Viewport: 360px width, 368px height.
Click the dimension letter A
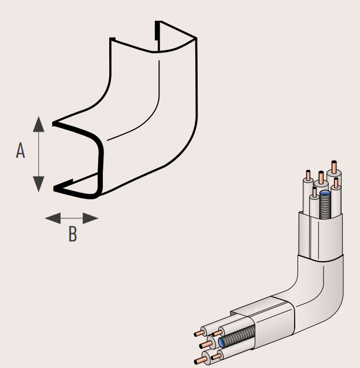coord(21,151)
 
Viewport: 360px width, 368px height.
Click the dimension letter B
coord(72,234)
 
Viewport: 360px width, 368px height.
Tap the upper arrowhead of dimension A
coord(38,123)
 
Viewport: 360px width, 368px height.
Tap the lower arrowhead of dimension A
coord(38,184)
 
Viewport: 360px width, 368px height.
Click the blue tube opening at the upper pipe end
coord(324,195)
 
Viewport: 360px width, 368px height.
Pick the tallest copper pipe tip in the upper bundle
coord(334,164)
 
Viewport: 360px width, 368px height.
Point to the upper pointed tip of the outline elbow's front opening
coord(54,123)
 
